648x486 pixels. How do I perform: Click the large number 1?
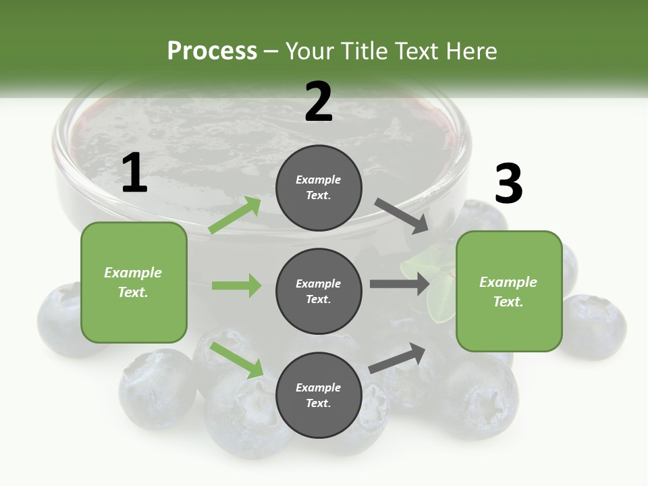coord(134,173)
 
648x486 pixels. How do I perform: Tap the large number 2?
coord(319,102)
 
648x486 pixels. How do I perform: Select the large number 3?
coord(508,184)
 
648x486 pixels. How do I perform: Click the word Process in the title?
coord(212,51)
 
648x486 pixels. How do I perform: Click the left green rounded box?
coord(134,282)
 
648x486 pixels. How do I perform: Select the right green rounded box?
coord(509,292)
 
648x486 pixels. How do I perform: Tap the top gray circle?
coord(319,188)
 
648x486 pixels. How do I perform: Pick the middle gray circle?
coord(319,292)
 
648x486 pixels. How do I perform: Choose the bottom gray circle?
coord(319,396)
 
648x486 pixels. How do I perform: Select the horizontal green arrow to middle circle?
coord(236,286)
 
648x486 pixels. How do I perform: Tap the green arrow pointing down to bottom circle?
coord(237,360)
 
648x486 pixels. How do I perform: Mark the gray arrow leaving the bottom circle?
coord(398,358)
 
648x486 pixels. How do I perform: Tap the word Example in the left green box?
coord(133,273)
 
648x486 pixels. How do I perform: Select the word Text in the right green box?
coord(508,302)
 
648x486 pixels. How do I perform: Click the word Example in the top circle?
coord(319,180)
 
